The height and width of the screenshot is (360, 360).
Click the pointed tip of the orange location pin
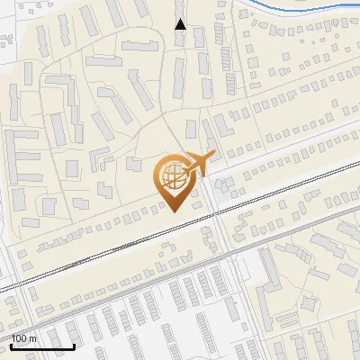[174, 211]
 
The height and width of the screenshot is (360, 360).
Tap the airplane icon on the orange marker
[193, 165]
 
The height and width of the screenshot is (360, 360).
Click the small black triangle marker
[180, 24]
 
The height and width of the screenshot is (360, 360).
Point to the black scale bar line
[42, 346]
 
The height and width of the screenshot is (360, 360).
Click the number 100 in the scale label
[21, 338]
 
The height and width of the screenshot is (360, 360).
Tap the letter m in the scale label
[34, 338]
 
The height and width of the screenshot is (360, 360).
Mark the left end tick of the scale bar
[11, 345]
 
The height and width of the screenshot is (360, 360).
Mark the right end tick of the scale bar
[74, 345]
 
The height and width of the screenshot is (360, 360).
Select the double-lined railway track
[108, 256]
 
